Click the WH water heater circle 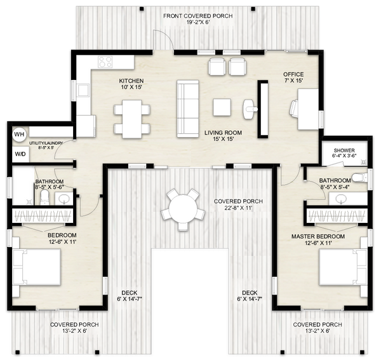(19, 134)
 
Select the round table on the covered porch (183, 208)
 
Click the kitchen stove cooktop (105, 62)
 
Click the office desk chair (295, 109)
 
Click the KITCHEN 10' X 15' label (131, 84)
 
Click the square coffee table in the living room (222, 107)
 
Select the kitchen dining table (132, 119)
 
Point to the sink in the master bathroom (342, 198)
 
